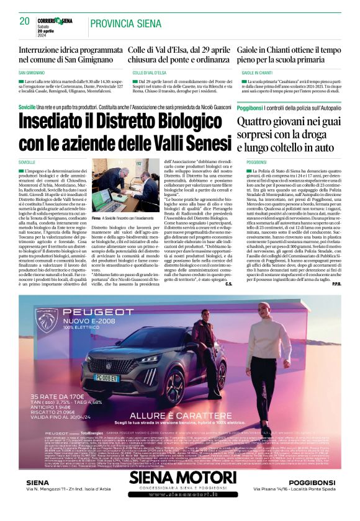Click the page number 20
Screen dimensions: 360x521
coord(25,22)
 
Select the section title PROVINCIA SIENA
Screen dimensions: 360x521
coord(125,24)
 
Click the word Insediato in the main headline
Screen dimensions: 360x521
coord(61,125)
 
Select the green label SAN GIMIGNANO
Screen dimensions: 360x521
coord(36,73)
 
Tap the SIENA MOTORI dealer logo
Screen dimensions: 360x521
coord(179,494)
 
